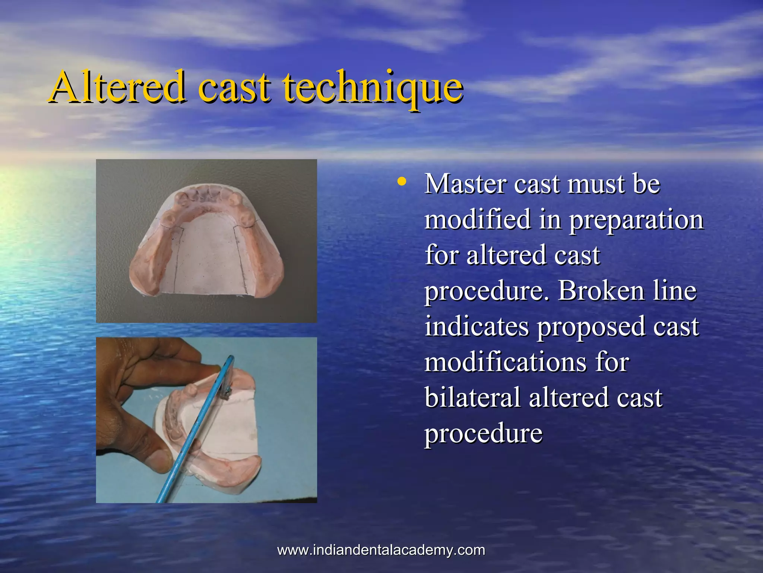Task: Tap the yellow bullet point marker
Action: [x=401, y=182]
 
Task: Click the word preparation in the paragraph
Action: [x=636, y=221]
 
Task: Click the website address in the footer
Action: [x=381, y=550]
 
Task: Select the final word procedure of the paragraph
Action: [x=483, y=434]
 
